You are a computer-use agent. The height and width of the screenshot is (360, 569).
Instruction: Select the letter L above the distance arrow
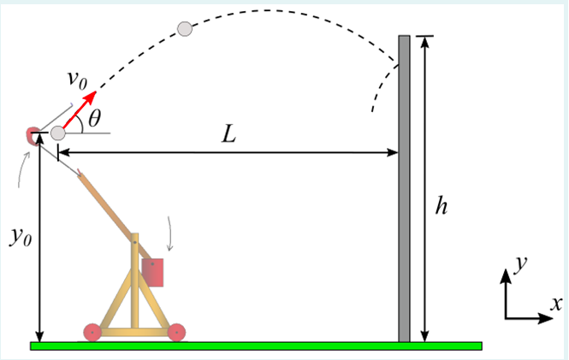228,135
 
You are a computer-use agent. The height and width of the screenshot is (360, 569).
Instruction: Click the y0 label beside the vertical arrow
20,237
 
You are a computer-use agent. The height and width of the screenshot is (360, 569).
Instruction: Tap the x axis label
556,303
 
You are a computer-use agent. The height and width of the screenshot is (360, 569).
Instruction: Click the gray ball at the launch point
57,133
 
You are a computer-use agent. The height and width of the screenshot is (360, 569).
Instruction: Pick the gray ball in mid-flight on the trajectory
184,29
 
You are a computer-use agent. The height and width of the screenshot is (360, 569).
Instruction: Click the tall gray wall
405,188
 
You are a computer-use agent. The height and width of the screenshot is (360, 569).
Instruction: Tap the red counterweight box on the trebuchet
153,273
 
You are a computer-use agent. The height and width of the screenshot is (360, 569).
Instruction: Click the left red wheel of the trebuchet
92,332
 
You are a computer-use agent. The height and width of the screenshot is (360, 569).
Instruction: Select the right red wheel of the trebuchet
176,332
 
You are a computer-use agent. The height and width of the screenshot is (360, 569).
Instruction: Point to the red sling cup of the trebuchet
32,135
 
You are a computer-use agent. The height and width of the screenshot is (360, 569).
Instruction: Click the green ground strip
257,346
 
